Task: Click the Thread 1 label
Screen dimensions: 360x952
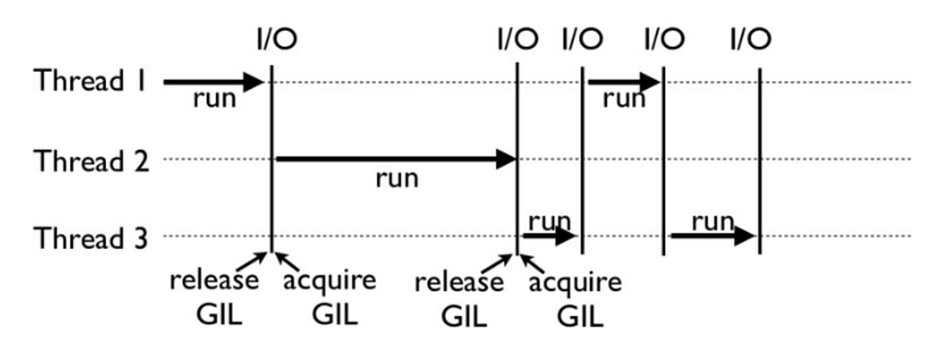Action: point(90,81)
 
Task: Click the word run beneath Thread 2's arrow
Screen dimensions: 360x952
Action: point(396,179)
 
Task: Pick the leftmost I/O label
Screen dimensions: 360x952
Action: point(275,38)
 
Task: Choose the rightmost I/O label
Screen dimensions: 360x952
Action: point(750,38)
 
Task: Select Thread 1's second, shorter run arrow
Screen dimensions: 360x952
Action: point(624,82)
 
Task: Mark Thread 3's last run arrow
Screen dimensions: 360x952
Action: point(712,236)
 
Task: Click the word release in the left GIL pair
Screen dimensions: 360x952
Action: point(214,281)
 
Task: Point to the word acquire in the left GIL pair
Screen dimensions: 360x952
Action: point(328,281)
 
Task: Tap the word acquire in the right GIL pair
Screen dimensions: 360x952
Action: point(575,282)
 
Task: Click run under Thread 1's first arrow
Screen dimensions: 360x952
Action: point(214,101)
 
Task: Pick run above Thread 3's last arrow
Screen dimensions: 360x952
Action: point(712,221)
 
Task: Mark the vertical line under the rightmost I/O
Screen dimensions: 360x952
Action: point(760,159)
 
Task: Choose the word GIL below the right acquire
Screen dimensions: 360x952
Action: point(580,316)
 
